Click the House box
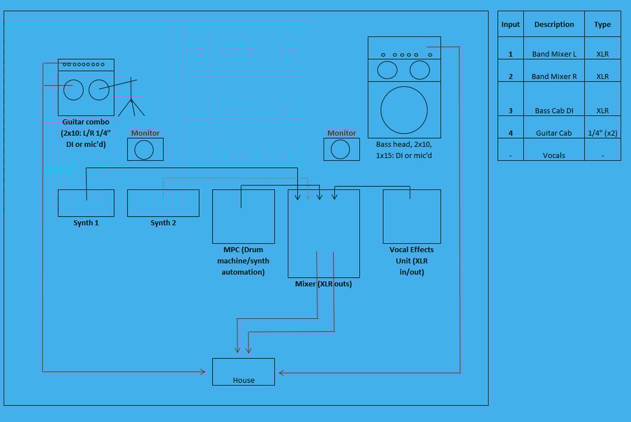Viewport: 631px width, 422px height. pyautogui.click(x=243, y=371)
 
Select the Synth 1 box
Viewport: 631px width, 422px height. pyautogui.click(x=86, y=203)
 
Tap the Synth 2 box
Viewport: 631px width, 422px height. pyautogui.click(x=163, y=203)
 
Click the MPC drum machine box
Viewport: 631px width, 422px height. pyautogui.click(x=243, y=217)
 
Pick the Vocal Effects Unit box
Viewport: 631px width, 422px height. pyautogui.click(x=412, y=217)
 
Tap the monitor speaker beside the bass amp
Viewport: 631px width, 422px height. pyautogui.click(x=341, y=149)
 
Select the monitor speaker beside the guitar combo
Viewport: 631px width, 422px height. pyautogui.click(x=145, y=149)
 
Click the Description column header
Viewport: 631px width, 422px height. pyautogui.click(x=554, y=24)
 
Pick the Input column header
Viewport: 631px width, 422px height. pyautogui.click(x=510, y=24)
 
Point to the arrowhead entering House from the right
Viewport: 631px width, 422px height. pyautogui.click(x=281, y=373)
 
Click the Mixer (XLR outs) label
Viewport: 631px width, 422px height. pyautogui.click(x=323, y=284)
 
